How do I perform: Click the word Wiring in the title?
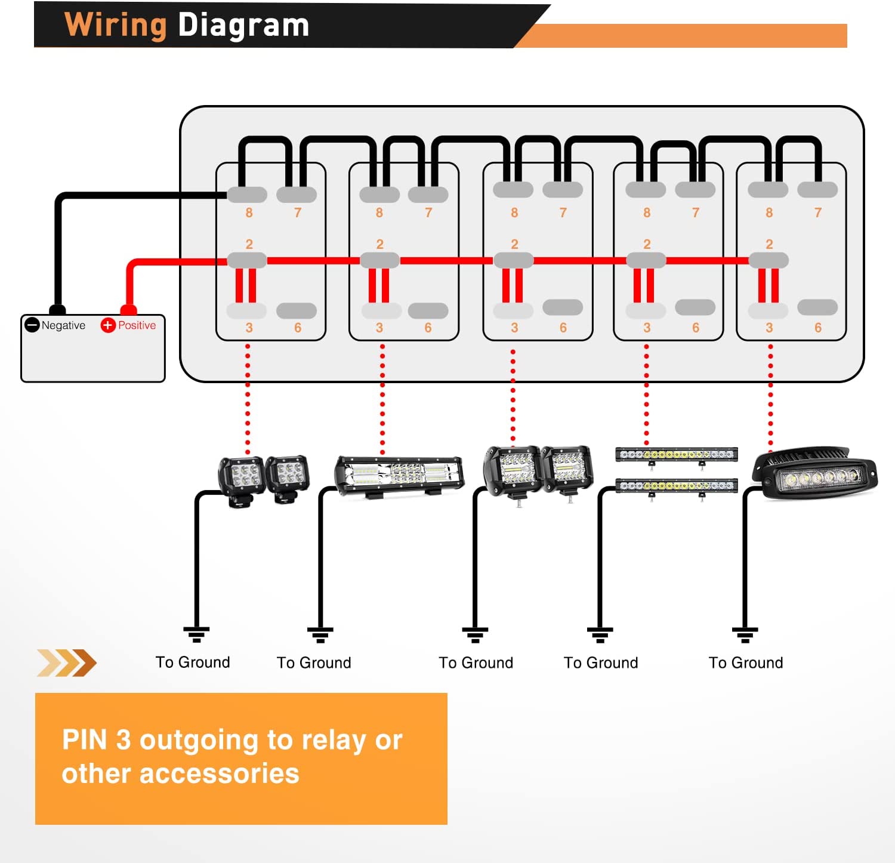click(x=115, y=26)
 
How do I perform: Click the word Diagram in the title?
click(x=243, y=26)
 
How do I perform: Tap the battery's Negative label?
click(x=63, y=325)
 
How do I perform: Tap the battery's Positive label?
click(x=137, y=325)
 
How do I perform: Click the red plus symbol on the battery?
click(x=107, y=325)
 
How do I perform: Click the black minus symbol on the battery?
click(x=32, y=325)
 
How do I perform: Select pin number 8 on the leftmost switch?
click(x=249, y=212)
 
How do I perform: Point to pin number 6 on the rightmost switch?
click(x=817, y=328)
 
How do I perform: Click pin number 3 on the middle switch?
click(x=514, y=328)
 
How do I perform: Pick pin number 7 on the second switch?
click(x=428, y=212)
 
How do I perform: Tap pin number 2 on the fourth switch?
click(x=647, y=244)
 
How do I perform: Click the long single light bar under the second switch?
click(x=399, y=476)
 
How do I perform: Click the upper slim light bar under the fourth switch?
click(x=676, y=455)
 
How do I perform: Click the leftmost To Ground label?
click(x=193, y=662)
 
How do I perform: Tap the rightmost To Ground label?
click(x=746, y=663)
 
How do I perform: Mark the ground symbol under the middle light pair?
click(x=475, y=634)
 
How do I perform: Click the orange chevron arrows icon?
click(x=66, y=663)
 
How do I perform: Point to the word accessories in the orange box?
click(x=219, y=774)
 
